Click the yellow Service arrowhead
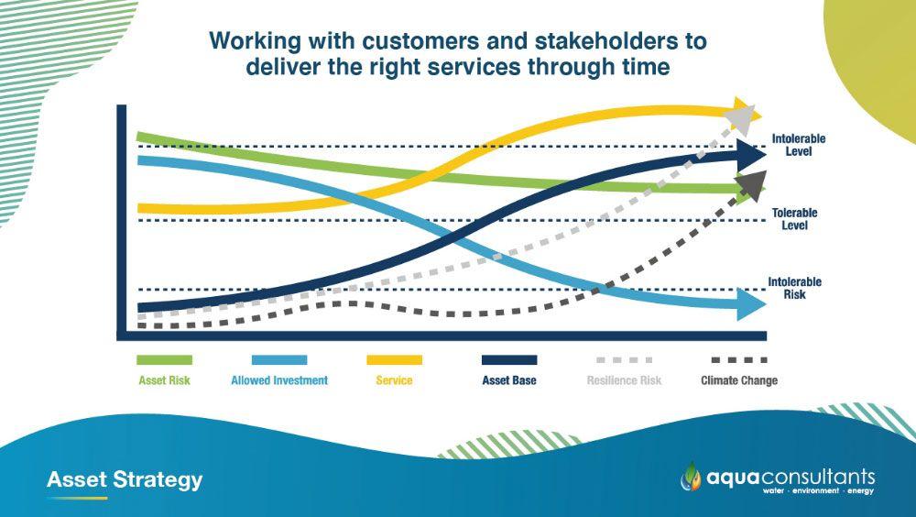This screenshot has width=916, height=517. (747, 112)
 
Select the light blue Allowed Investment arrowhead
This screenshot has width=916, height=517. (750, 304)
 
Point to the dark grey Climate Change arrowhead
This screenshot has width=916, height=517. (752, 185)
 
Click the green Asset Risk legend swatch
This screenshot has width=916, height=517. (164, 359)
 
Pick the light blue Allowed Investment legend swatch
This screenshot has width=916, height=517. (279, 359)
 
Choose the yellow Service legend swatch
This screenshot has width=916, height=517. (394, 359)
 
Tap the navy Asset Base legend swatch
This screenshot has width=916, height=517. (508, 359)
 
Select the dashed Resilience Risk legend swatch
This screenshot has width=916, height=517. (624, 359)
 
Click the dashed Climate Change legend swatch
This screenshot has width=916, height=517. (739, 359)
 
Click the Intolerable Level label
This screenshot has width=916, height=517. (799, 145)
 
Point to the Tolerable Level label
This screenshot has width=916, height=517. (794, 219)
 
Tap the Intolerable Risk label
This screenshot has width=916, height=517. (794, 288)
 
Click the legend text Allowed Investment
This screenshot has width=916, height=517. (279, 380)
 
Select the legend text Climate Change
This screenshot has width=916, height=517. (739, 380)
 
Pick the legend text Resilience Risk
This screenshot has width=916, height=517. (624, 380)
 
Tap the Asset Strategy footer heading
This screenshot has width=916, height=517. (125, 479)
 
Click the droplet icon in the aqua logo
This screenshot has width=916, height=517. (691, 476)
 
